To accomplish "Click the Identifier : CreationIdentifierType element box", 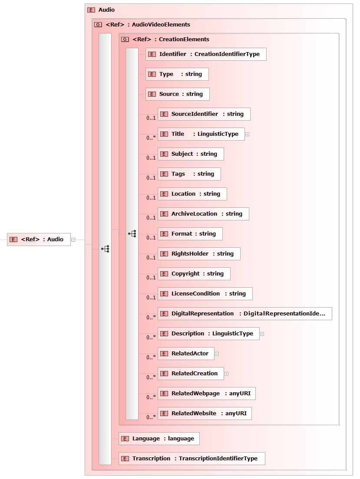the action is (x=206, y=54).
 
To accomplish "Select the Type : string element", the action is (x=177, y=74).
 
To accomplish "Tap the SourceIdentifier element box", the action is (x=204, y=114).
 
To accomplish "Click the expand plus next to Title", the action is (x=248, y=134).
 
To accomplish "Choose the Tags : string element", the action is (x=189, y=174).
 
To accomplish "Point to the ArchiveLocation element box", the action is (x=203, y=214).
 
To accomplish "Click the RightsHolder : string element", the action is (x=199, y=254).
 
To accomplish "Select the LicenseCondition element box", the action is (x=205, y=294).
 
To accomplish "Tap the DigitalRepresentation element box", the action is (x=245, y=314).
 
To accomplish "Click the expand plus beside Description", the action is (x=262, y=334).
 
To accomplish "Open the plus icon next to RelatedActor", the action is (x=217, y=354).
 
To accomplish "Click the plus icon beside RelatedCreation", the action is (x=227, y=374).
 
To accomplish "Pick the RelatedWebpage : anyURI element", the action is (x=207, y=394).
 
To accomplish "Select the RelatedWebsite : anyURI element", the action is (x=205, y=413).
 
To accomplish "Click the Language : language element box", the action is (x=159, y=439).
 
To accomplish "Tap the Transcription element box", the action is (x=192, y=459).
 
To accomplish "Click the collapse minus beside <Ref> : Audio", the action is (x=73, y=240).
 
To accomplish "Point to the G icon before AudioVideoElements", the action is (x=98, y=25).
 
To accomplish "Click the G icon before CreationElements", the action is (x=125, y=39).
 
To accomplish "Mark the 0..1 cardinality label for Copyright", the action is (x=151, y=278).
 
